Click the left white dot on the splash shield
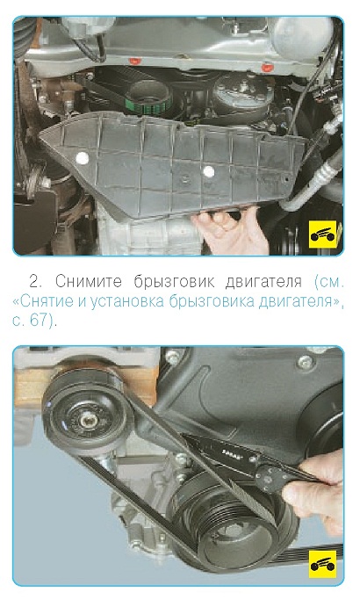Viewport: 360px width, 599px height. (x=82, y=157)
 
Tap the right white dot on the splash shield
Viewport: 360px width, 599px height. (x=208, y=171)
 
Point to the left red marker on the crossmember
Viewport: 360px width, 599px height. (x=133, y=61)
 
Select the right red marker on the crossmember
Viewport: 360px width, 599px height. (x=267, y=68)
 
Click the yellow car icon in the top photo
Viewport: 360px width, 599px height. (x=323, y=235)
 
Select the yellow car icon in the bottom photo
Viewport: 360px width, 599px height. (x=323, y=564)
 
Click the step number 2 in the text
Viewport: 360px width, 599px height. (x=35, y=282)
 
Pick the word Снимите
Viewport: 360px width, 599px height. (x=89, y=282)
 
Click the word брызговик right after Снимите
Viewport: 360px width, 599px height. (x=174, y=283)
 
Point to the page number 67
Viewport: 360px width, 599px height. (x=38, y=321)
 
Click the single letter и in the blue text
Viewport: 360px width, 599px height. (x=82, y=302)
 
